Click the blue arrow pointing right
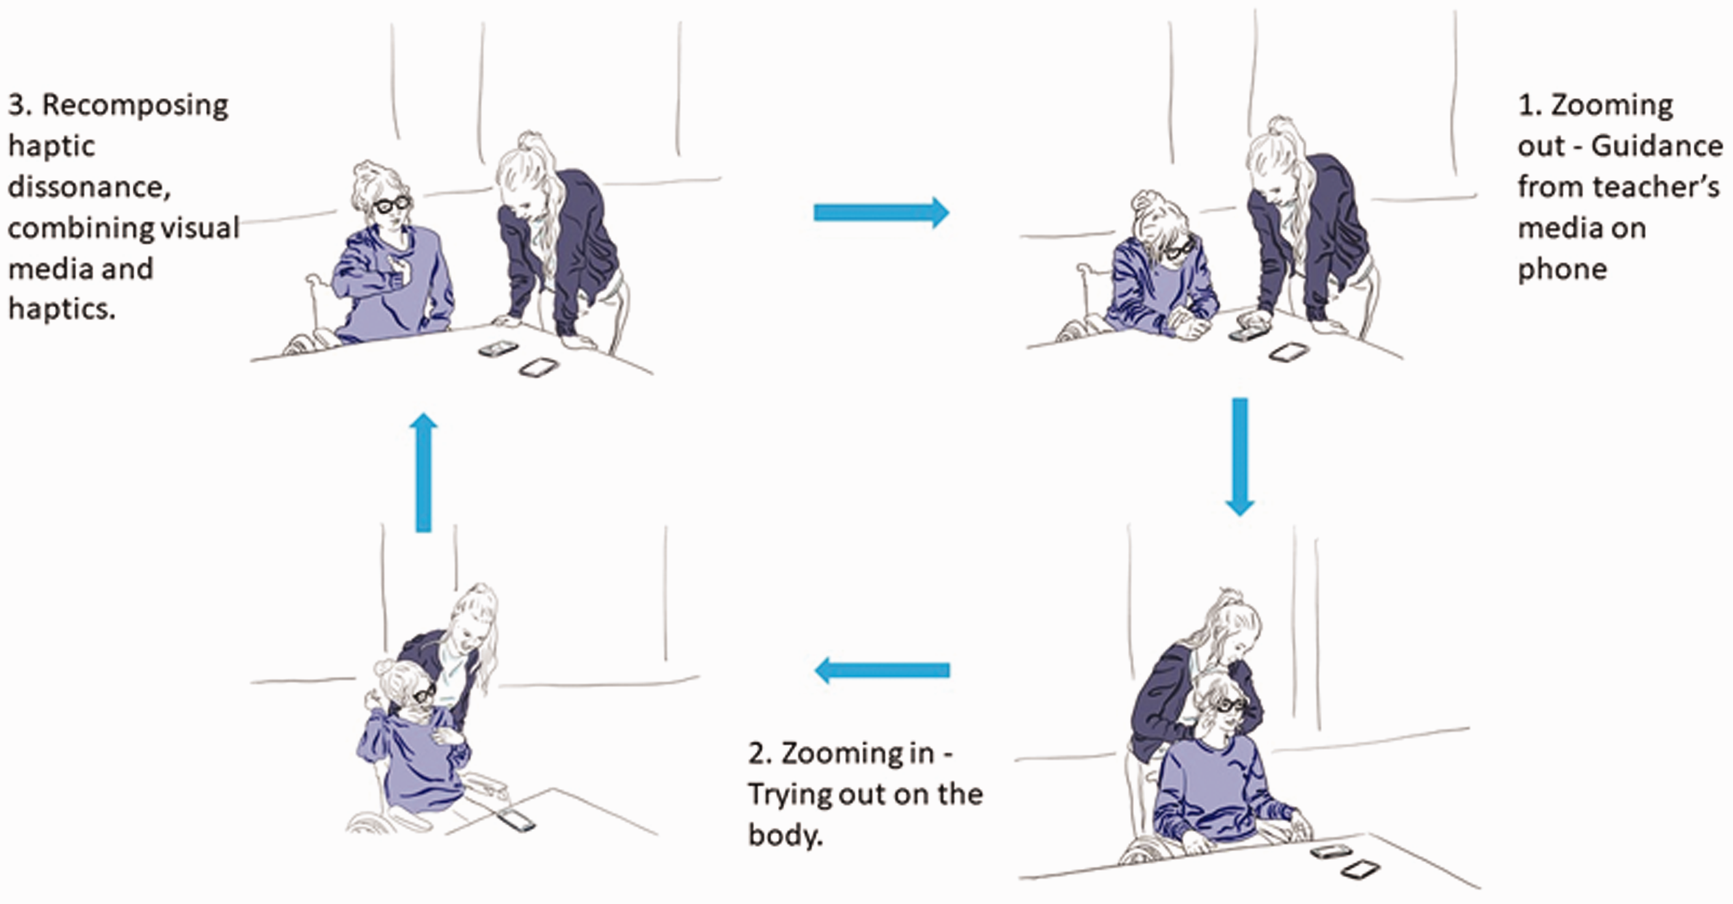click(x=881, y=213)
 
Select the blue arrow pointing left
click(x=882, y=670)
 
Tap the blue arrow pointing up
click(x=424, y=472)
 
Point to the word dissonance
click(x=89, y=187)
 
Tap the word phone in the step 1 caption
click(x=1562, y=269)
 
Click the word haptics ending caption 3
click(x=61, y=309)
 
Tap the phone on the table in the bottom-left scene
click(x=516, y=820)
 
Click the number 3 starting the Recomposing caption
click(x=20, y=105)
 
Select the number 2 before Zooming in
click(x=760, y=754)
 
